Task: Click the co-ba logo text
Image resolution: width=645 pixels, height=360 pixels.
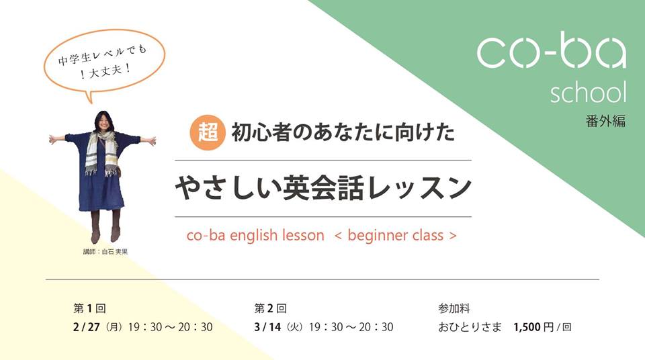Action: (550, 52)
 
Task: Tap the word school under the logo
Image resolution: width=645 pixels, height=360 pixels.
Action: (588, 93)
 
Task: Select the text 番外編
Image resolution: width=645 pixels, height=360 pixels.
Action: (605, 122)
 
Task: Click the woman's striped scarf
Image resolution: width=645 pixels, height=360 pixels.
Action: (101, 151)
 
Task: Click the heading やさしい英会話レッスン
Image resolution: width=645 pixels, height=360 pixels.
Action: (322, 189)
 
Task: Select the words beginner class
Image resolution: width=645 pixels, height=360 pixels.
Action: (396, 236)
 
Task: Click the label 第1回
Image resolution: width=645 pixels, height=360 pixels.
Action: (89, 309)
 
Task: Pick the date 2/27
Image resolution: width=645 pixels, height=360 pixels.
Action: (87, 328)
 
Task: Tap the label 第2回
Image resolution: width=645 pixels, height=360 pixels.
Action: (270, 309)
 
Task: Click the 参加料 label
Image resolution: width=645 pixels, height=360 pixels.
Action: (454, 309)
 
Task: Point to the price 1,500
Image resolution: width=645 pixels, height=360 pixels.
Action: (528, 328)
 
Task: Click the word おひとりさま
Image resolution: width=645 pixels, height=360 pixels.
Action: (470, 328)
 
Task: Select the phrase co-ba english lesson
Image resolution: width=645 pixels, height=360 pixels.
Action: (256, 236)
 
